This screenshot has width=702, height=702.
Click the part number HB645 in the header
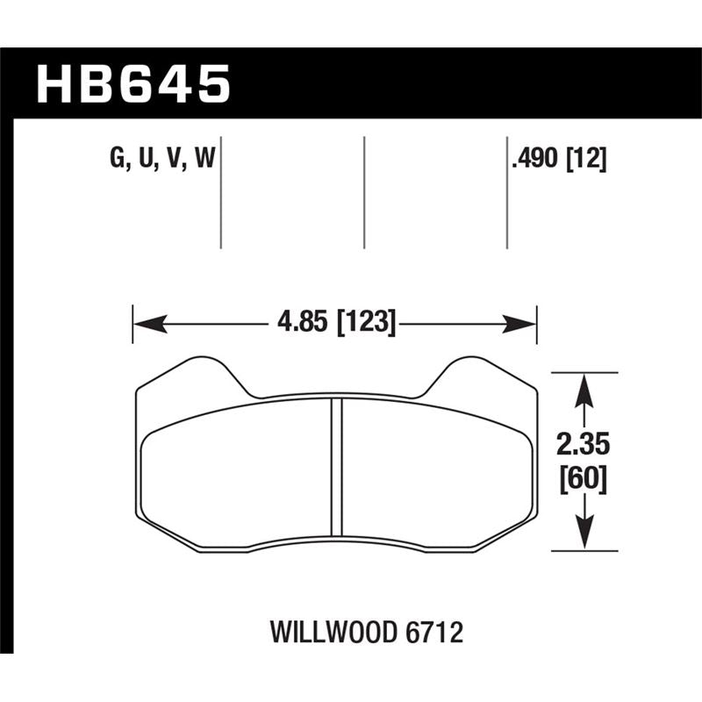click(133, 84)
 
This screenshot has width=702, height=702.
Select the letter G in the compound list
click(116, 159)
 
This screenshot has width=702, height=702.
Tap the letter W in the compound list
click(206, 159)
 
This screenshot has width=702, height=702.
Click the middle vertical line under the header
click(363, 191)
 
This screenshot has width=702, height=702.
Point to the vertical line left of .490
click(507, 191)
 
